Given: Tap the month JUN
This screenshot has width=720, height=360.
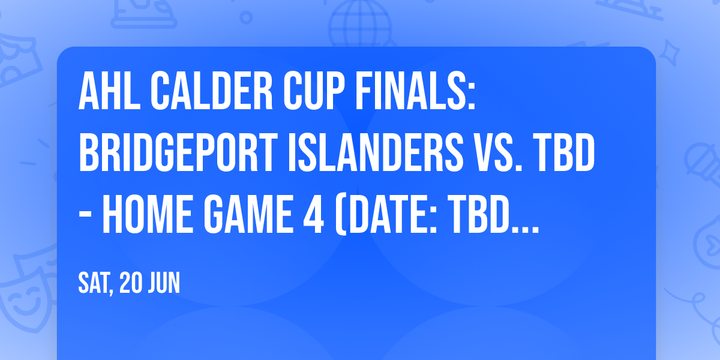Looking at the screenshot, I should coord(165,283).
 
